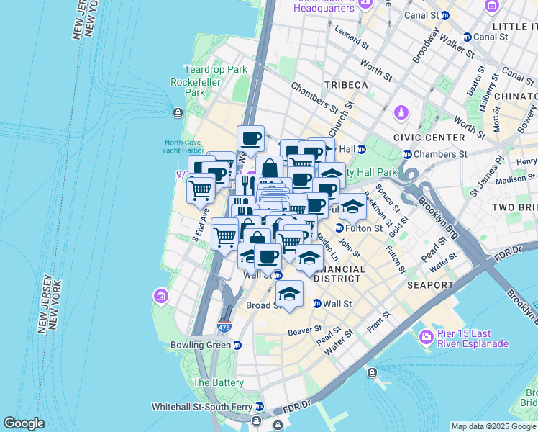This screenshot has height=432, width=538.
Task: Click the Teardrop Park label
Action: tap(216, 70)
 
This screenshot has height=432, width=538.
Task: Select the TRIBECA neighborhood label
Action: tap(345, 85)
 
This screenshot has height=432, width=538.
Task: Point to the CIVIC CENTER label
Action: tap(429, 138)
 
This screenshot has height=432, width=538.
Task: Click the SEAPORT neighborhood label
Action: tap(430, 285)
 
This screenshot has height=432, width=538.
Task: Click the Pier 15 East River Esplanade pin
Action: tap(427, 336)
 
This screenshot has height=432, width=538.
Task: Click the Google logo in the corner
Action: tap(24, 423)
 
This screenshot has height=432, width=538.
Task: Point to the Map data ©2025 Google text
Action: tap(493, 426)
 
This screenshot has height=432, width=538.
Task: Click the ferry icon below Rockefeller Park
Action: tap(178, 112)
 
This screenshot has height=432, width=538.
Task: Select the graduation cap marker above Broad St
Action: tap(290, 294)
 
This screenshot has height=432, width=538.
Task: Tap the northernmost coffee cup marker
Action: tap(251, 138)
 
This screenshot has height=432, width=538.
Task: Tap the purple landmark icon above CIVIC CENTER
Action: tap(401, 113)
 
